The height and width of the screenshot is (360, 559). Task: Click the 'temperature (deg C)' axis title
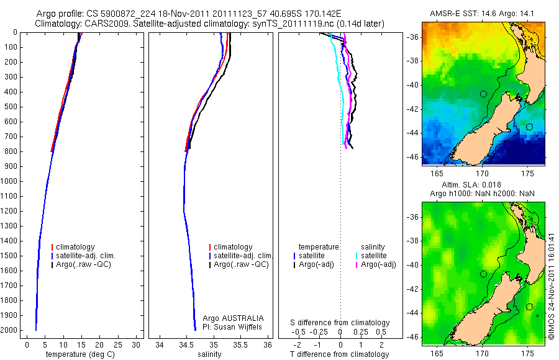pos(81,354)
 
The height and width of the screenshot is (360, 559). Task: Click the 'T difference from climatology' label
pos(340,354)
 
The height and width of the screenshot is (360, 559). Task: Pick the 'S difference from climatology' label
pos(340,323)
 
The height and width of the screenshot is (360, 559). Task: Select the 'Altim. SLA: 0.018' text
pos(483,185)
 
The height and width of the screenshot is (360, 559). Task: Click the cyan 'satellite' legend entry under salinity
pos(373,255)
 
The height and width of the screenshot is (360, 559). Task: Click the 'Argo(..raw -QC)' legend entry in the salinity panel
pos(241,264)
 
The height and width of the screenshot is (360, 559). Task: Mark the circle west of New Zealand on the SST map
pos(483,94)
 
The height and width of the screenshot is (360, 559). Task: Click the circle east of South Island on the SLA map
pos(529,307)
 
